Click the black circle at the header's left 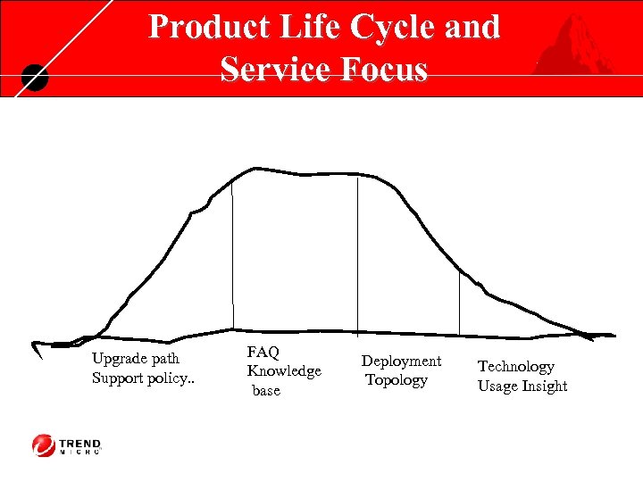click(33, 79)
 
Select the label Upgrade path click(136, 358)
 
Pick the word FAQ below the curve click(263, 353)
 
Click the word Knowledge click(284, 371)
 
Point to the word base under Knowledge click(266, 390)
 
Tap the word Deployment click(401, 361)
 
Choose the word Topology click(397, 380)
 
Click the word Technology click(516, 367)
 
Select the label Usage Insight click(522, 386)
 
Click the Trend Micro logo click(68, 445)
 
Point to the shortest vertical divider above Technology click(459, 303)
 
